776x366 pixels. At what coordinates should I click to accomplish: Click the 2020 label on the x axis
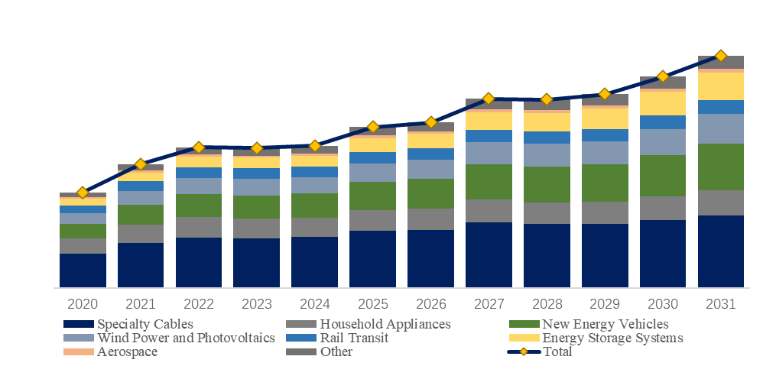[83, 303]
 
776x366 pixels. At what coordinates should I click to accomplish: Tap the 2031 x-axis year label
[721, 303]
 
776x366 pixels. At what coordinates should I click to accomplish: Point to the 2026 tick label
[430, 303]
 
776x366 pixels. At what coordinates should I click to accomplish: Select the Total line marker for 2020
[83, 193]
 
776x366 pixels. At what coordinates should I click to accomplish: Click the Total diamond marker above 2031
[721, 56]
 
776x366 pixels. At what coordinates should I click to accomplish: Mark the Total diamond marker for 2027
[489, 99]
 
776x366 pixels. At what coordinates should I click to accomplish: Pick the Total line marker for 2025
[372, 126]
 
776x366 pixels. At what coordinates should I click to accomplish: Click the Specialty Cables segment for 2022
[199, 262]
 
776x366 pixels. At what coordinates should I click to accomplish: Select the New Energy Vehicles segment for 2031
[721, 167]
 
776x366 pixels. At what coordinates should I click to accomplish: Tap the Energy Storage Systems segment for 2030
[663, 103]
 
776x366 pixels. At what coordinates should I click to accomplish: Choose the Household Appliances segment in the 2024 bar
[314, 227]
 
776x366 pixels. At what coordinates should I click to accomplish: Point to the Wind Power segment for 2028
[547, 155]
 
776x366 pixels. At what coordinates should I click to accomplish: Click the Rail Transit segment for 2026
[430, 154]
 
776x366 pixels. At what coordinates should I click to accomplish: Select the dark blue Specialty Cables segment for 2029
[605, 255]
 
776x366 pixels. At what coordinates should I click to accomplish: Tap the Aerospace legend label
[127, 351]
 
